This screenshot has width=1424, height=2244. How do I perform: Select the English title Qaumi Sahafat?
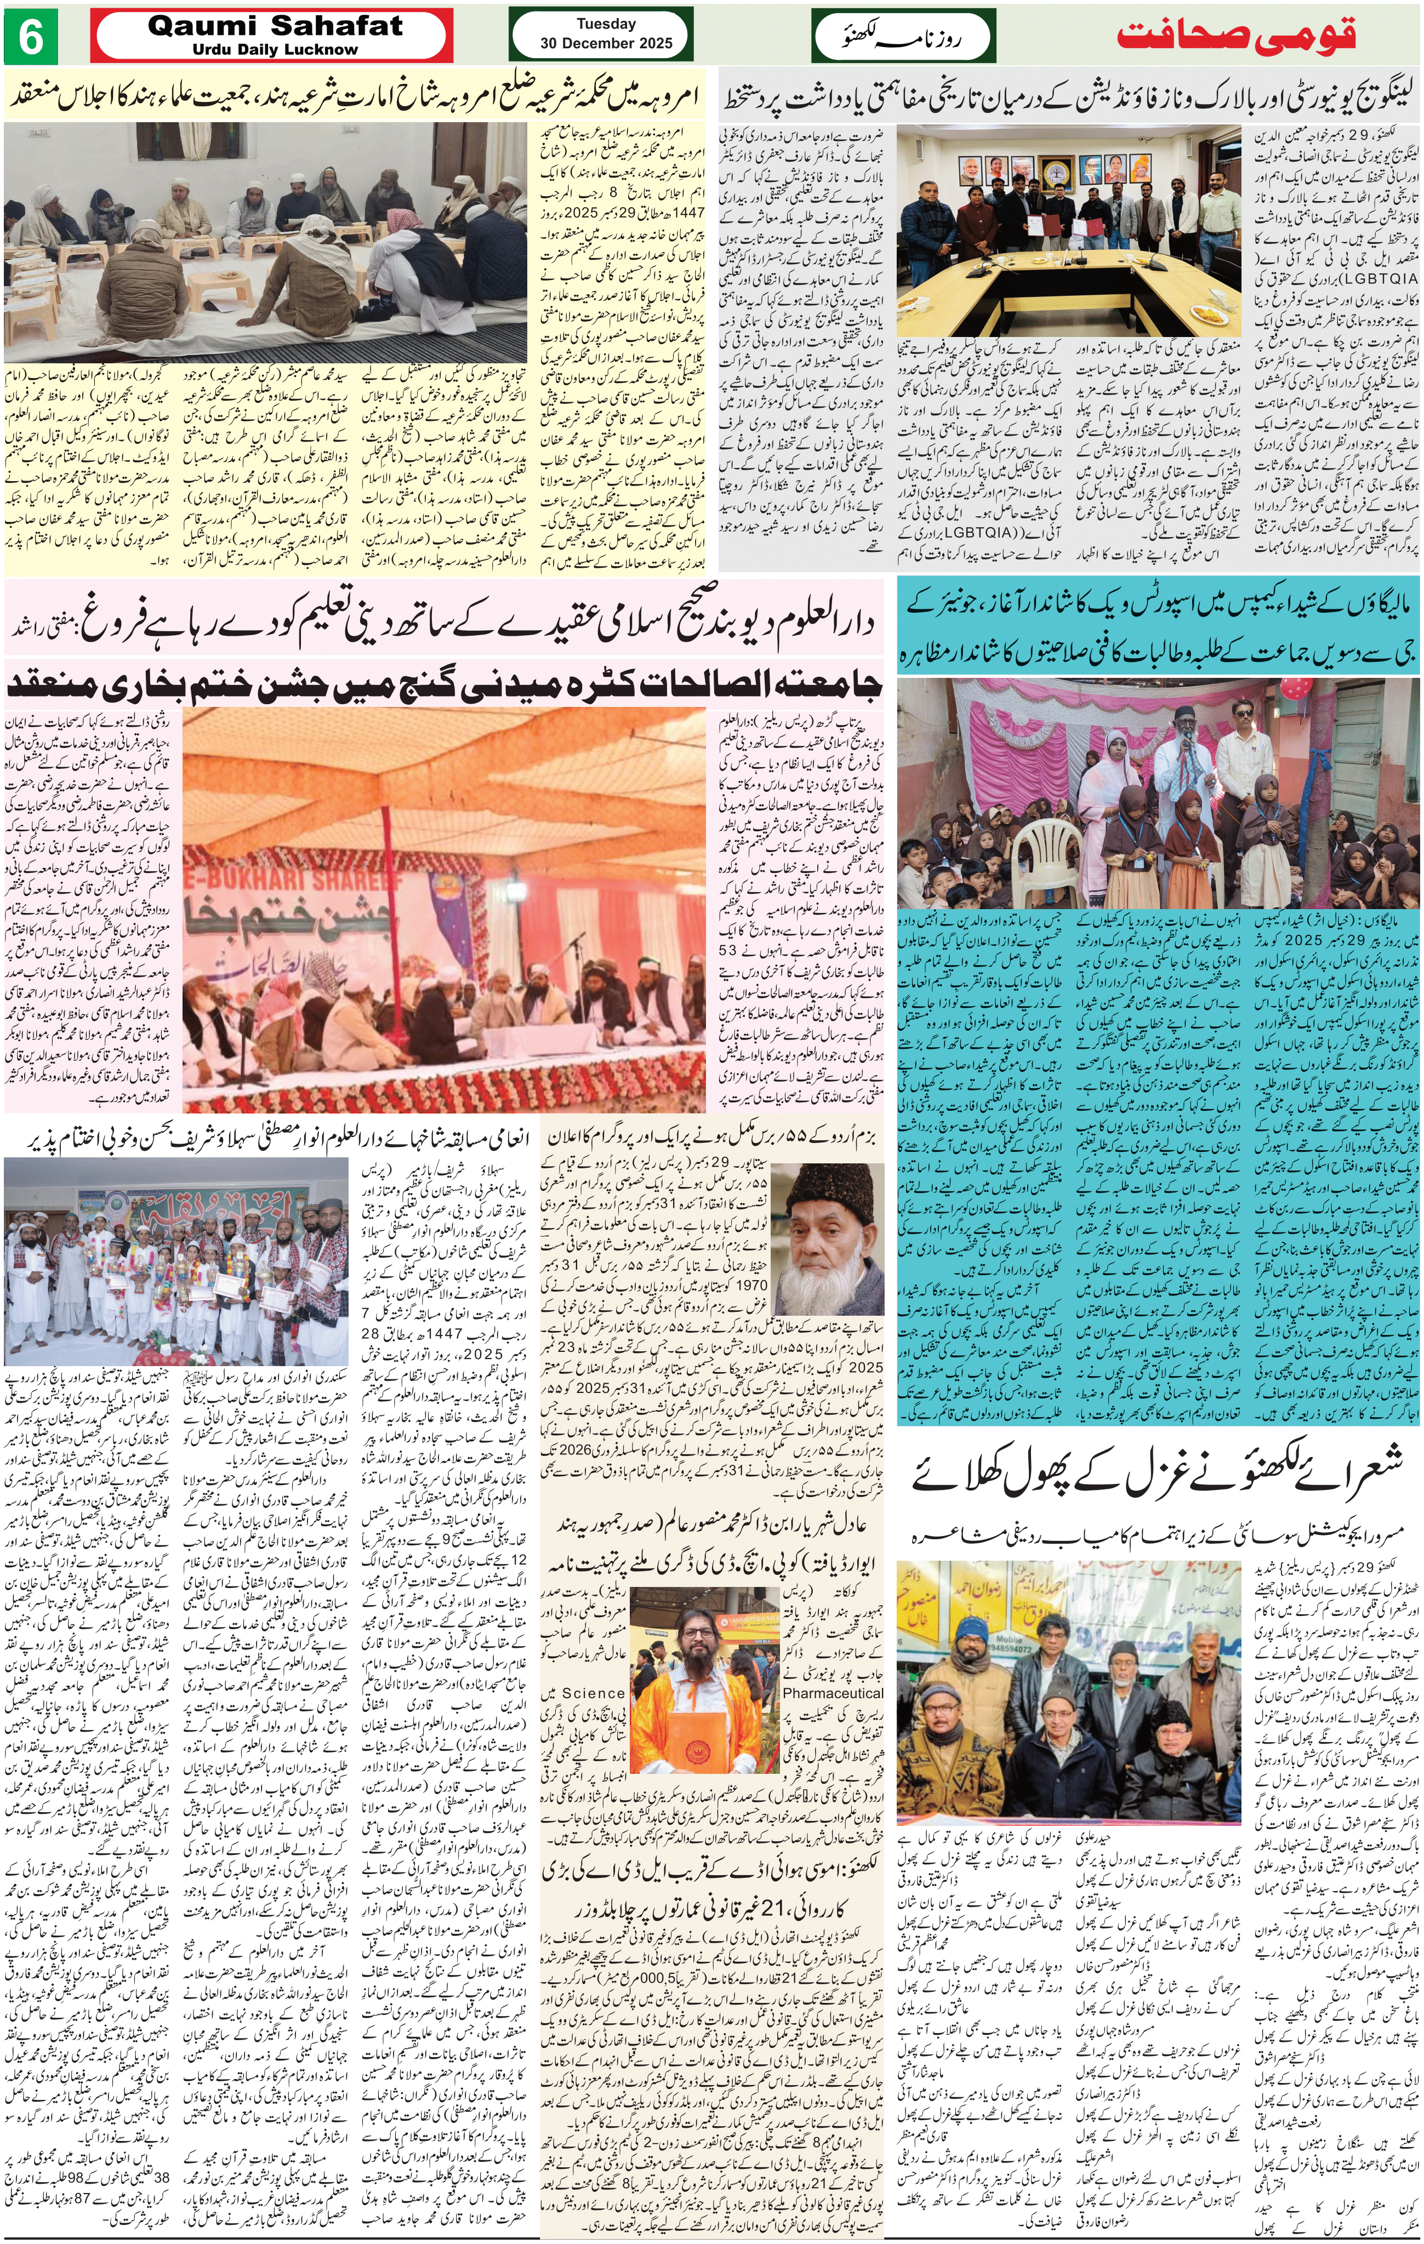point(275,26)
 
